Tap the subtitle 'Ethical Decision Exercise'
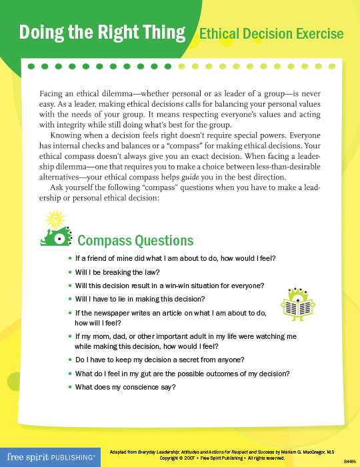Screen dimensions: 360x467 pos(271,33)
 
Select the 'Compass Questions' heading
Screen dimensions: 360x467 pos(135,240)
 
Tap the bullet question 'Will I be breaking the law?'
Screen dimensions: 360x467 pos(117,272)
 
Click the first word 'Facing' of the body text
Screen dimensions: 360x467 pos(53,93)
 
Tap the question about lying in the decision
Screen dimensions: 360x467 pos(140,299)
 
